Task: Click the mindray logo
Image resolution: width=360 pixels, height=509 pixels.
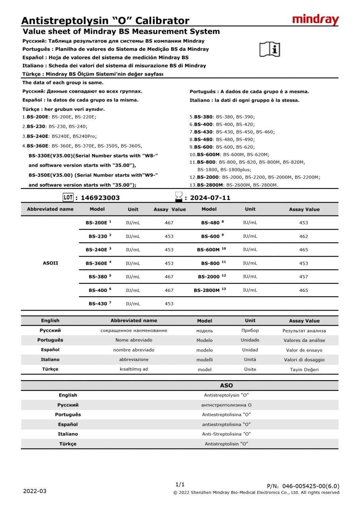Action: click(x=315, y=19)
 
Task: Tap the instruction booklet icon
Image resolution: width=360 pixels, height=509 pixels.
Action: click(x=270, y=49)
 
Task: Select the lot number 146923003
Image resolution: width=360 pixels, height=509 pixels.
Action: click(x=97, y=198)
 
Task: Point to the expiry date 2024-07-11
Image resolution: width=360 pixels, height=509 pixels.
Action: click(x=210, y=198)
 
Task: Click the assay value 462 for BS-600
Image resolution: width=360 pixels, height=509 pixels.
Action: click(x=304, y=236)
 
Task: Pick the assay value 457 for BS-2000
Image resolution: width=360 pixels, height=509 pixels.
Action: click(x=304, y=276)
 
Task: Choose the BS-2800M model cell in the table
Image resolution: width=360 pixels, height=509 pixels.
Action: click(x=210, y=290)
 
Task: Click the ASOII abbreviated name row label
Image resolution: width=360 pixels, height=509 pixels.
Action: click(x=51, y=263)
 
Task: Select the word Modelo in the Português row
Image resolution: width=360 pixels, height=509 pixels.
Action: click(x=204, y=340)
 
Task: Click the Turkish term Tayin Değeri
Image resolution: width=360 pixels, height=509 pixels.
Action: click(x=304, y=369)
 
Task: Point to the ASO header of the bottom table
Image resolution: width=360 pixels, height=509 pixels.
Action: click(x=226, y=385)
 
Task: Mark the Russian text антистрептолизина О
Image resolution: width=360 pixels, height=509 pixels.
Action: click(x=226, y=405)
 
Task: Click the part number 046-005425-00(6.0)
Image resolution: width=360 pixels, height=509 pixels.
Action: click(x=311, y=486)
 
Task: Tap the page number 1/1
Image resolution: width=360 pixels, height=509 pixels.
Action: click(x=180, y=484)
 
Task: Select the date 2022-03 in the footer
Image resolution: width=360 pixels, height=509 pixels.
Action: click(x=35, y=491)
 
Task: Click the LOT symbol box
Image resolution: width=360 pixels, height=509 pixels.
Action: click(x=68, y=197)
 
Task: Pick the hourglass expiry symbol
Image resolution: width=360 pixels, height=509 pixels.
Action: click(x=179, y=197)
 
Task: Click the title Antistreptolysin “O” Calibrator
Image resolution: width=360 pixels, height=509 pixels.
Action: click(x=105, y=21)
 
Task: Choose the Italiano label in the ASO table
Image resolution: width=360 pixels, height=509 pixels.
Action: click(x=68, y=434)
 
